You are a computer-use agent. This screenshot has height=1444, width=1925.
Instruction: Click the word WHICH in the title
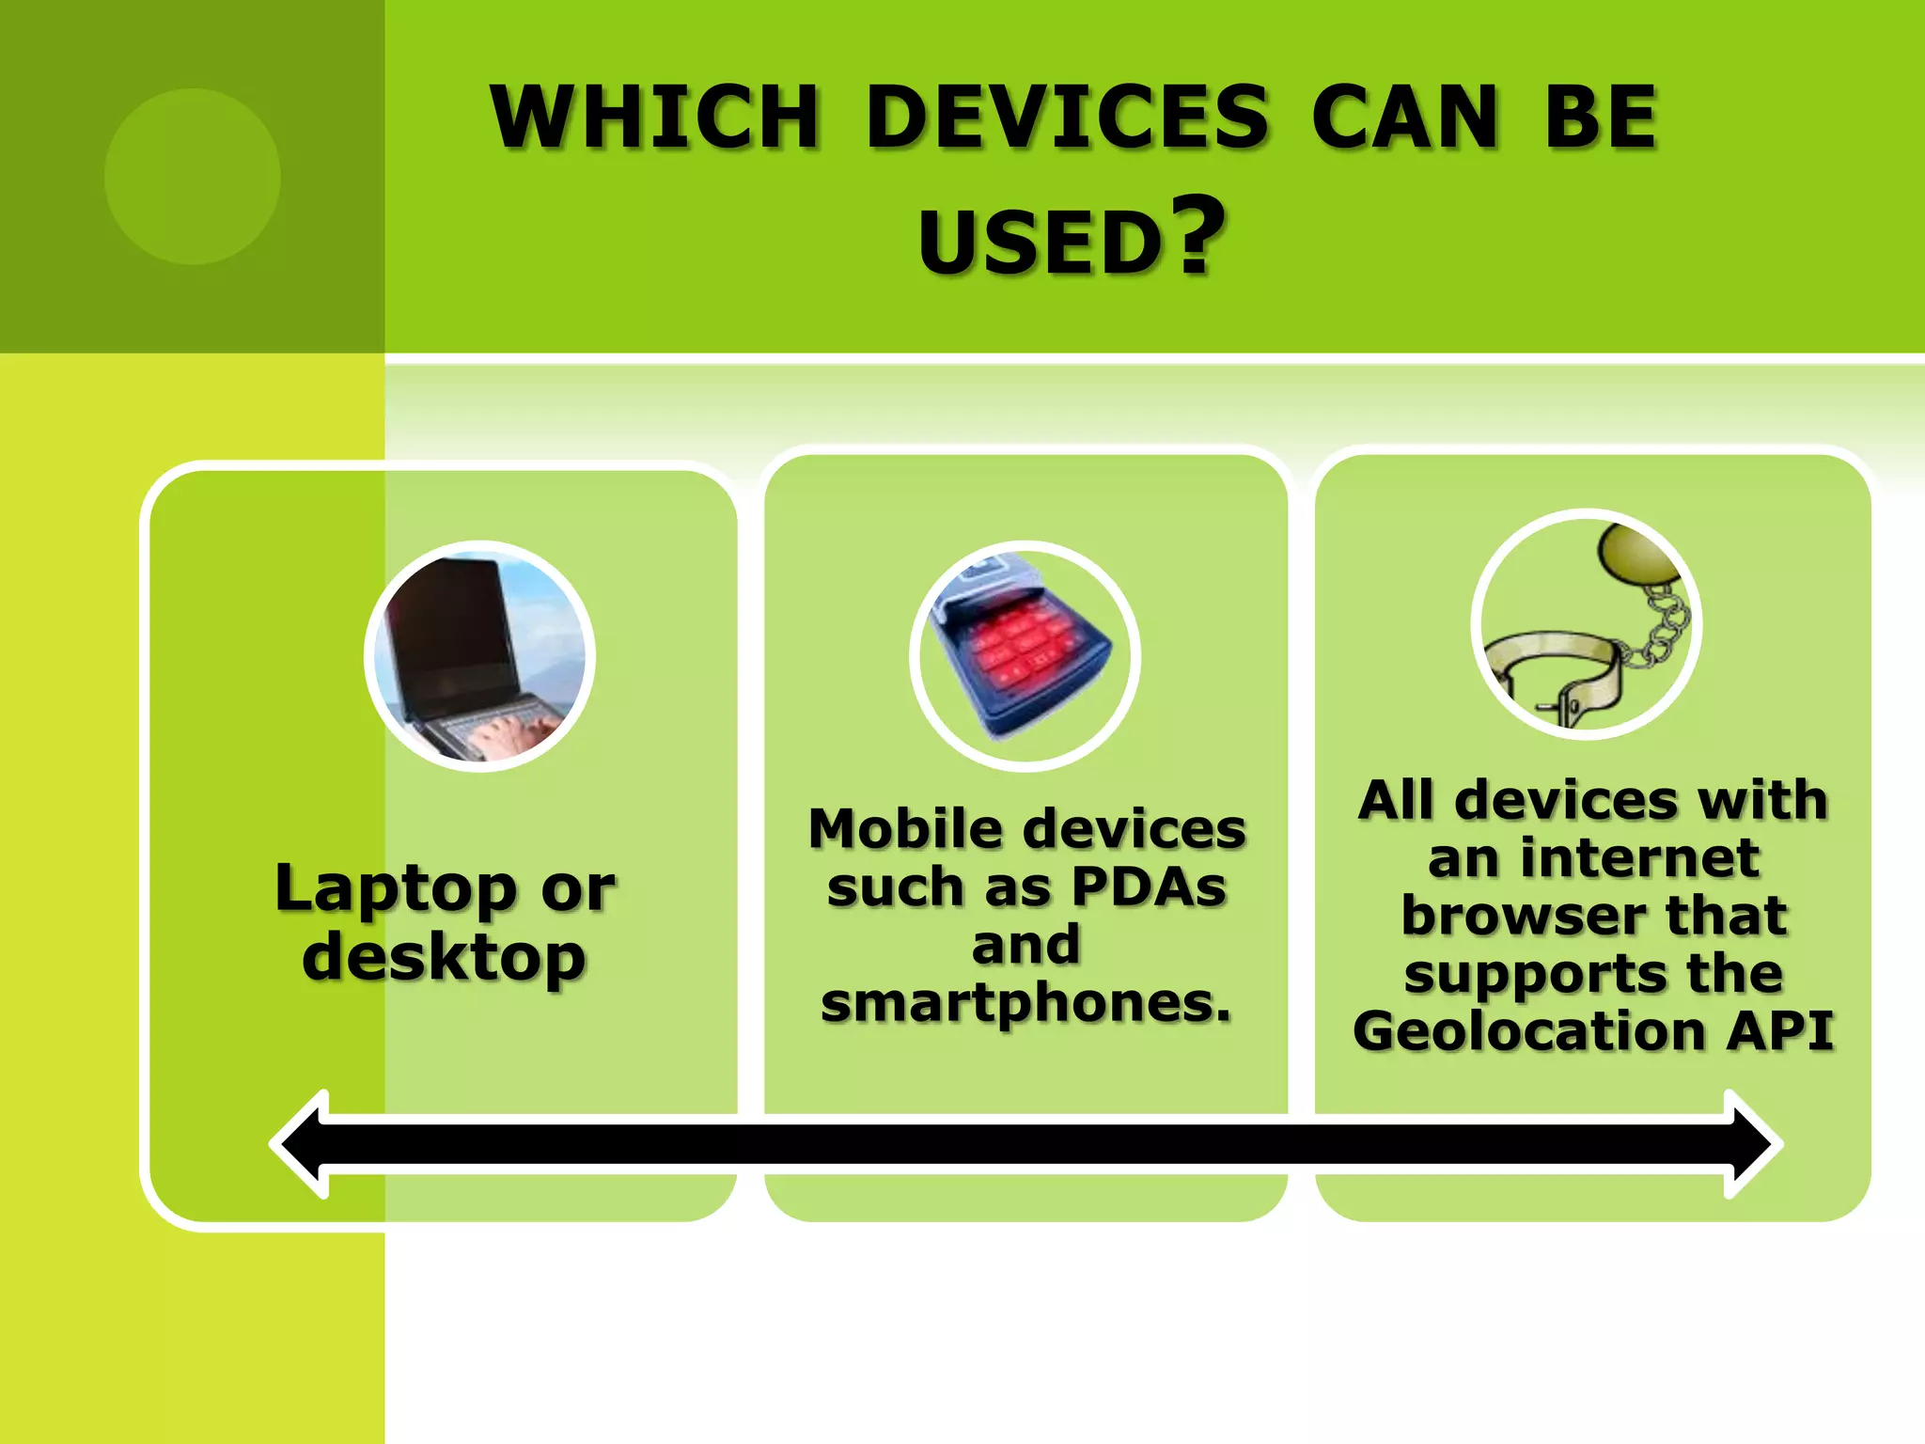tap(655, 118)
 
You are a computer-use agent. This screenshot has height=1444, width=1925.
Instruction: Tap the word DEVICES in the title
tap(1068, 118)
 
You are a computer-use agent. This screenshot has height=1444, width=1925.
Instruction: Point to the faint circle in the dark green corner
tap(193, 177)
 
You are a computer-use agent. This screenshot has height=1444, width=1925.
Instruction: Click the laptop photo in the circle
tap(479, 656)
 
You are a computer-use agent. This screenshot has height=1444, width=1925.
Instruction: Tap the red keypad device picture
tap(1025, 656)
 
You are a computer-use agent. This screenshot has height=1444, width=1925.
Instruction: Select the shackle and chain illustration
tap(1587, 625)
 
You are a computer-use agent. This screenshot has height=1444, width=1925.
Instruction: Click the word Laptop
tap(396, 887)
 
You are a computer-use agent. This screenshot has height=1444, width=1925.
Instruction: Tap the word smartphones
tap(1025, 1002)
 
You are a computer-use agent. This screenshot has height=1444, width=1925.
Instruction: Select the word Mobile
tap(905, 829)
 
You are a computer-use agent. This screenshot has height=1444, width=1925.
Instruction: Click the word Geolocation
tap(1528, 1030)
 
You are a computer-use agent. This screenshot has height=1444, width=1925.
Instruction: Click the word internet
tap(1639, 857)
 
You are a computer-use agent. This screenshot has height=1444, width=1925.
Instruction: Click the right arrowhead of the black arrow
tap(1752, 1144)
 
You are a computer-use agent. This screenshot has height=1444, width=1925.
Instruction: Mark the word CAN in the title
tap(1404, 118)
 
